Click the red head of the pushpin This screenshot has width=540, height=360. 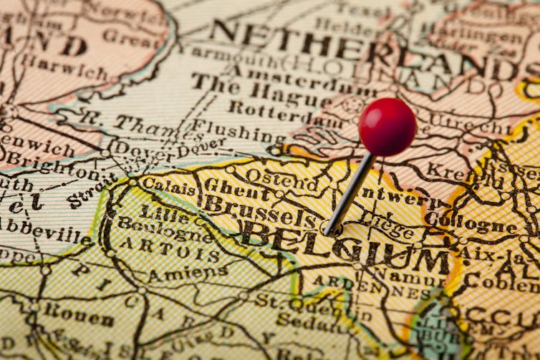[387, 127]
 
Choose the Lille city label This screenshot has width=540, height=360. [163, 212]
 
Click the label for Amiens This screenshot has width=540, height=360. [188, 273]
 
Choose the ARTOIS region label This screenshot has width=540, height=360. [169, 248]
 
